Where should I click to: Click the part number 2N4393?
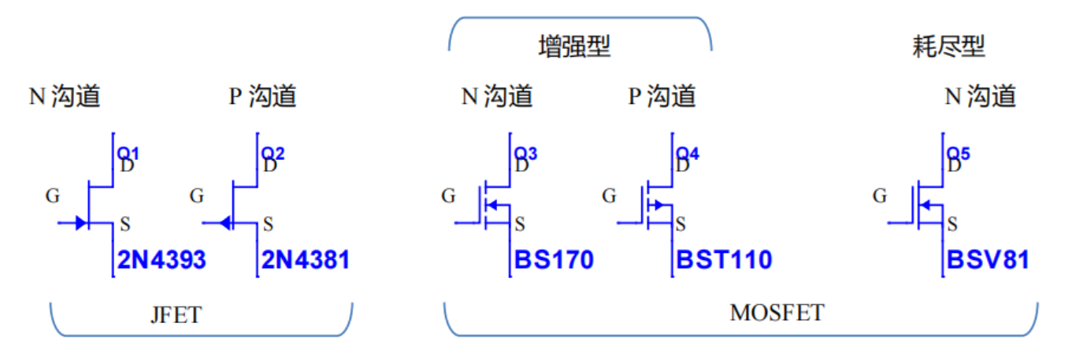pyautogui.click(x=161, y=259)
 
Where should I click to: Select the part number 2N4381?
pyautogui.click(x=306, y=259)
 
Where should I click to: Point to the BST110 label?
pyautogui.click(x=723, y=259)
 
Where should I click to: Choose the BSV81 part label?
pyautogui.click(x=988, y=259)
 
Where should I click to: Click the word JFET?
pyautogui.click(x=176, y=316)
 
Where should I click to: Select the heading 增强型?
pyautogui.click(x=574, y=48)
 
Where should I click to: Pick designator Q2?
pyautogui.click(x=273, y=153)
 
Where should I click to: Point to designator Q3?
pyautogui.click(x=525, y=153)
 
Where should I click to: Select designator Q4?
pyautogui.click(x=687, y=153)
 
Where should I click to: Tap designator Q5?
pyautogui.click(x=959, y=153)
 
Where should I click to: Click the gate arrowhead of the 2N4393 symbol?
pyautogui.click(x=81, y=223)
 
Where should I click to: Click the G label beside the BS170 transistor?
pyautogui.click(x=448, y=195)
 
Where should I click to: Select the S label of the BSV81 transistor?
pyautogui.click(x=952, y=224)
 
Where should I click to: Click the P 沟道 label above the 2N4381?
pyautogui.click(x=262, y=97)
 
